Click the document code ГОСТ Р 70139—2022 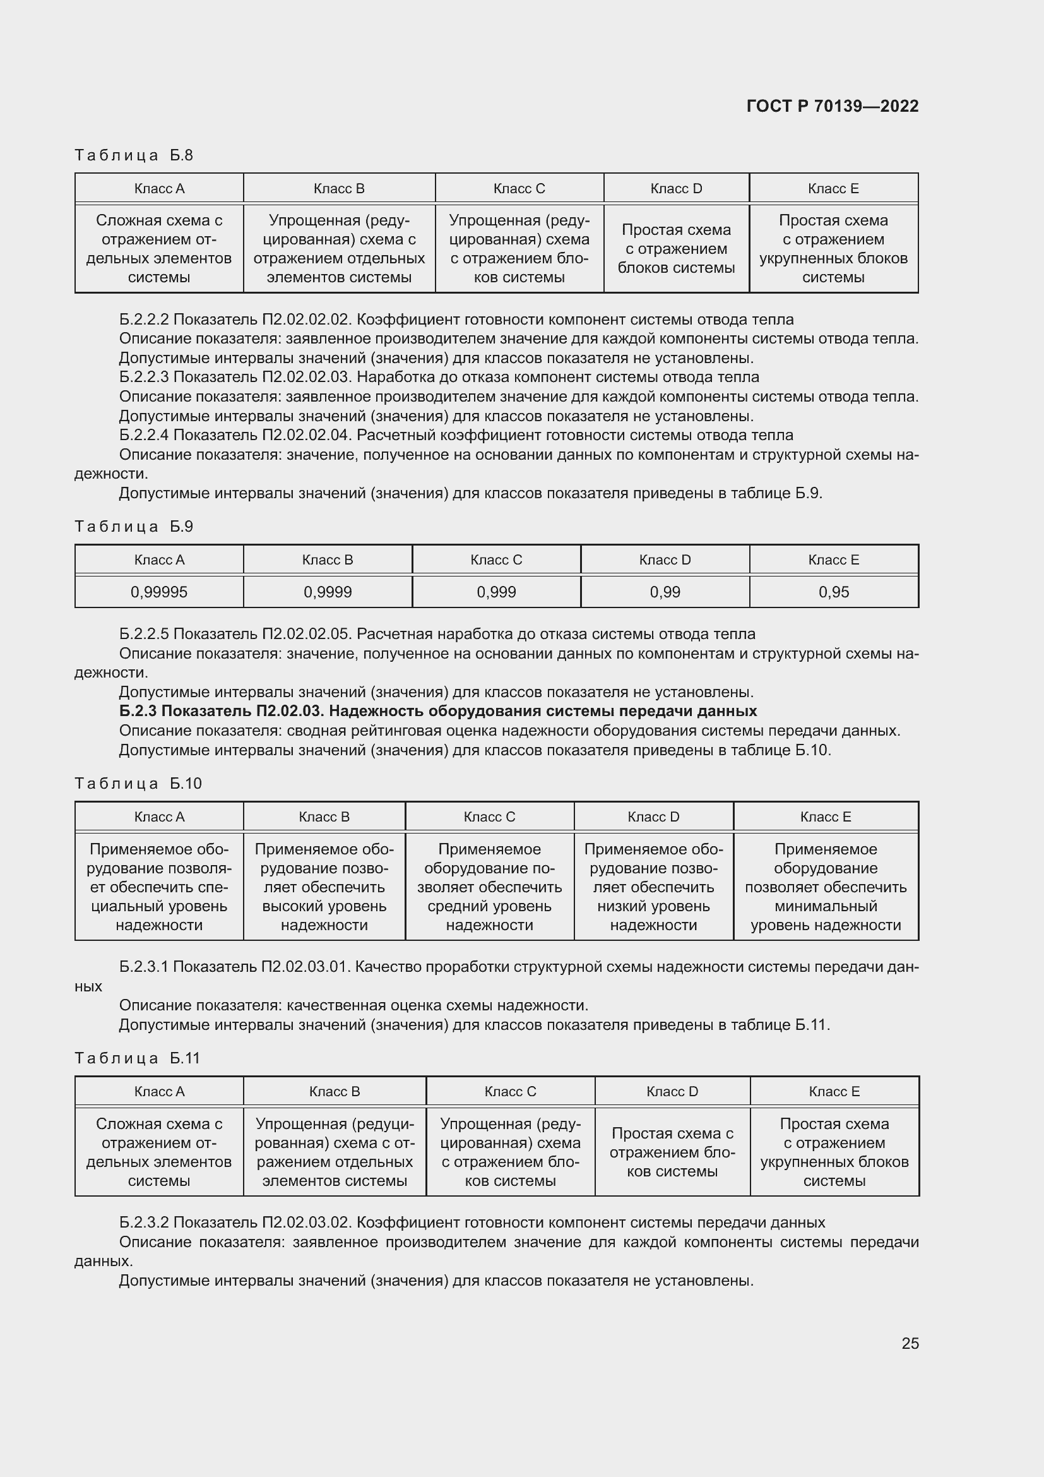tap(833, 106)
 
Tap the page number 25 tap(910, 1343)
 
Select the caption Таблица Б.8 tap(134, 155)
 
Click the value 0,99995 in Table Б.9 tap(159, 592)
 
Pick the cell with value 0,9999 tap(327, 592)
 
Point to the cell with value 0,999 tap(495, 592)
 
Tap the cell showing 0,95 tap(833, 592)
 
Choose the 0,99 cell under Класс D tap(665, 592)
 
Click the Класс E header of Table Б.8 tap(833, 188)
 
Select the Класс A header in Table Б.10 tap(159, 817)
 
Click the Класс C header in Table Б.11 tap(510, 1092)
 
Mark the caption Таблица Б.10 tap(138, 784)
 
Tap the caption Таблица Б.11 tap(137, 1058)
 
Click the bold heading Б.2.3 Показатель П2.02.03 tap(438, 711)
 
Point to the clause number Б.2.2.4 tap(144, 436)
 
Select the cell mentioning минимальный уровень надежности tap(826, 887)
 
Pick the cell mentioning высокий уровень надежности tap(324, 887)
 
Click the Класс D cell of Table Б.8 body tap(675, 248)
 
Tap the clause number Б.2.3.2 tap(144, 1223)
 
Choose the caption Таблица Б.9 tap(134, 527)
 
